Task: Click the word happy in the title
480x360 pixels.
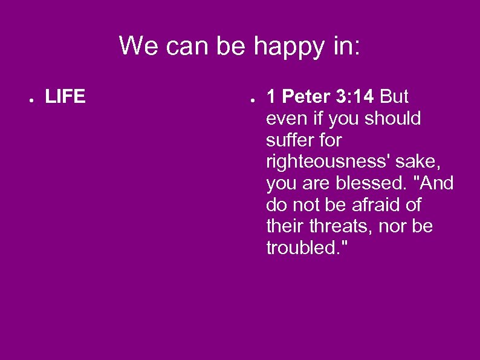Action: [x=288, y=47]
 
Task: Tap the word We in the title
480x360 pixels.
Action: [x=137, y=45]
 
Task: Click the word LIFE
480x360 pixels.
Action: [x=65, y=97]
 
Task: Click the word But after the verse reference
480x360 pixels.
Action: [x=395, y=97]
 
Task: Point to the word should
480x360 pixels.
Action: [x=391, y=119]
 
